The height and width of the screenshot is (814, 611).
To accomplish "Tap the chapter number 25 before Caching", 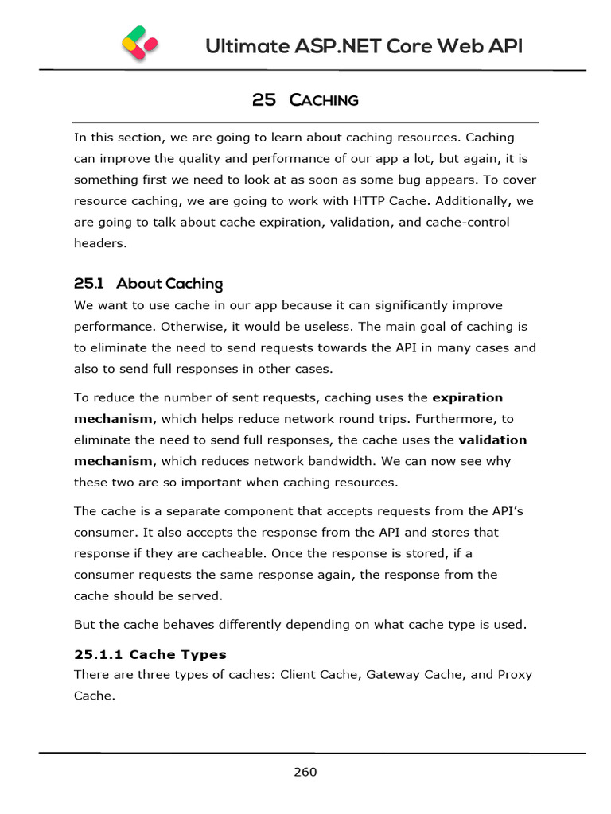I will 263,100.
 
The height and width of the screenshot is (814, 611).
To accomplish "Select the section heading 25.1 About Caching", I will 148,284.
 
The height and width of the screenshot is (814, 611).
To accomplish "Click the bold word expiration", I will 467,397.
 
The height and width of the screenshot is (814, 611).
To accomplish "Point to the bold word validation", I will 492,440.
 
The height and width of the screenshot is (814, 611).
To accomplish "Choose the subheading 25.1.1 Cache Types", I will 150,655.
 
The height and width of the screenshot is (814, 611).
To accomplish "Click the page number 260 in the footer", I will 305,772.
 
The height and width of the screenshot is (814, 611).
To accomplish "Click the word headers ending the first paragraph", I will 100,243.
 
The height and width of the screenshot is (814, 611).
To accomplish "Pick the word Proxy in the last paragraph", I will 515,675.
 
